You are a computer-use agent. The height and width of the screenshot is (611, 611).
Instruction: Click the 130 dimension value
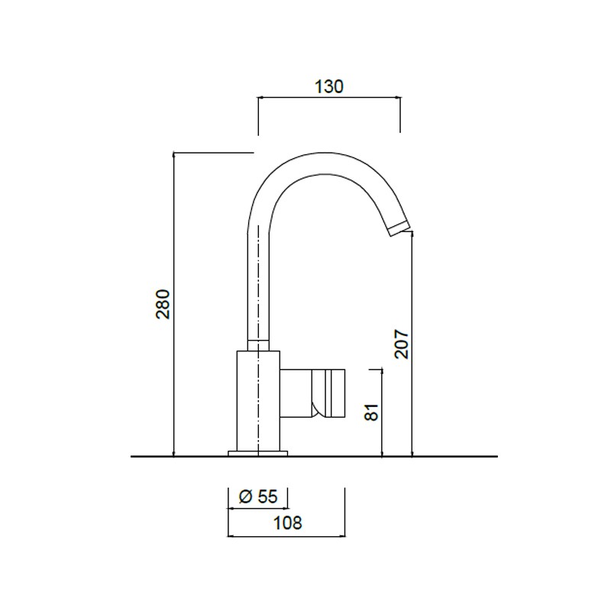329,86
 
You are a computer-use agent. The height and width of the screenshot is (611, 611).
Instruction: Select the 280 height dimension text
163,304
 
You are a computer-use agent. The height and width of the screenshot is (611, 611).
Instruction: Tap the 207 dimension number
402,344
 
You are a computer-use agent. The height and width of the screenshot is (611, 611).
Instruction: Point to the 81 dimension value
372,412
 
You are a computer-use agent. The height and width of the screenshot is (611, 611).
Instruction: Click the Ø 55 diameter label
258,496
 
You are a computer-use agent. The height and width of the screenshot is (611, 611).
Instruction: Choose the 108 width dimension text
288,522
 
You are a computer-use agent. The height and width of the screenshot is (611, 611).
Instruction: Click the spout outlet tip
399,228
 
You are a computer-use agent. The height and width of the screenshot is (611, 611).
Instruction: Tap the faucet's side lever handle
312,393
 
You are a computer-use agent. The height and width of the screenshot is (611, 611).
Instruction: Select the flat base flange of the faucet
257,453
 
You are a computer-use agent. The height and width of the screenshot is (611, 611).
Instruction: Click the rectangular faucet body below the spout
258,400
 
